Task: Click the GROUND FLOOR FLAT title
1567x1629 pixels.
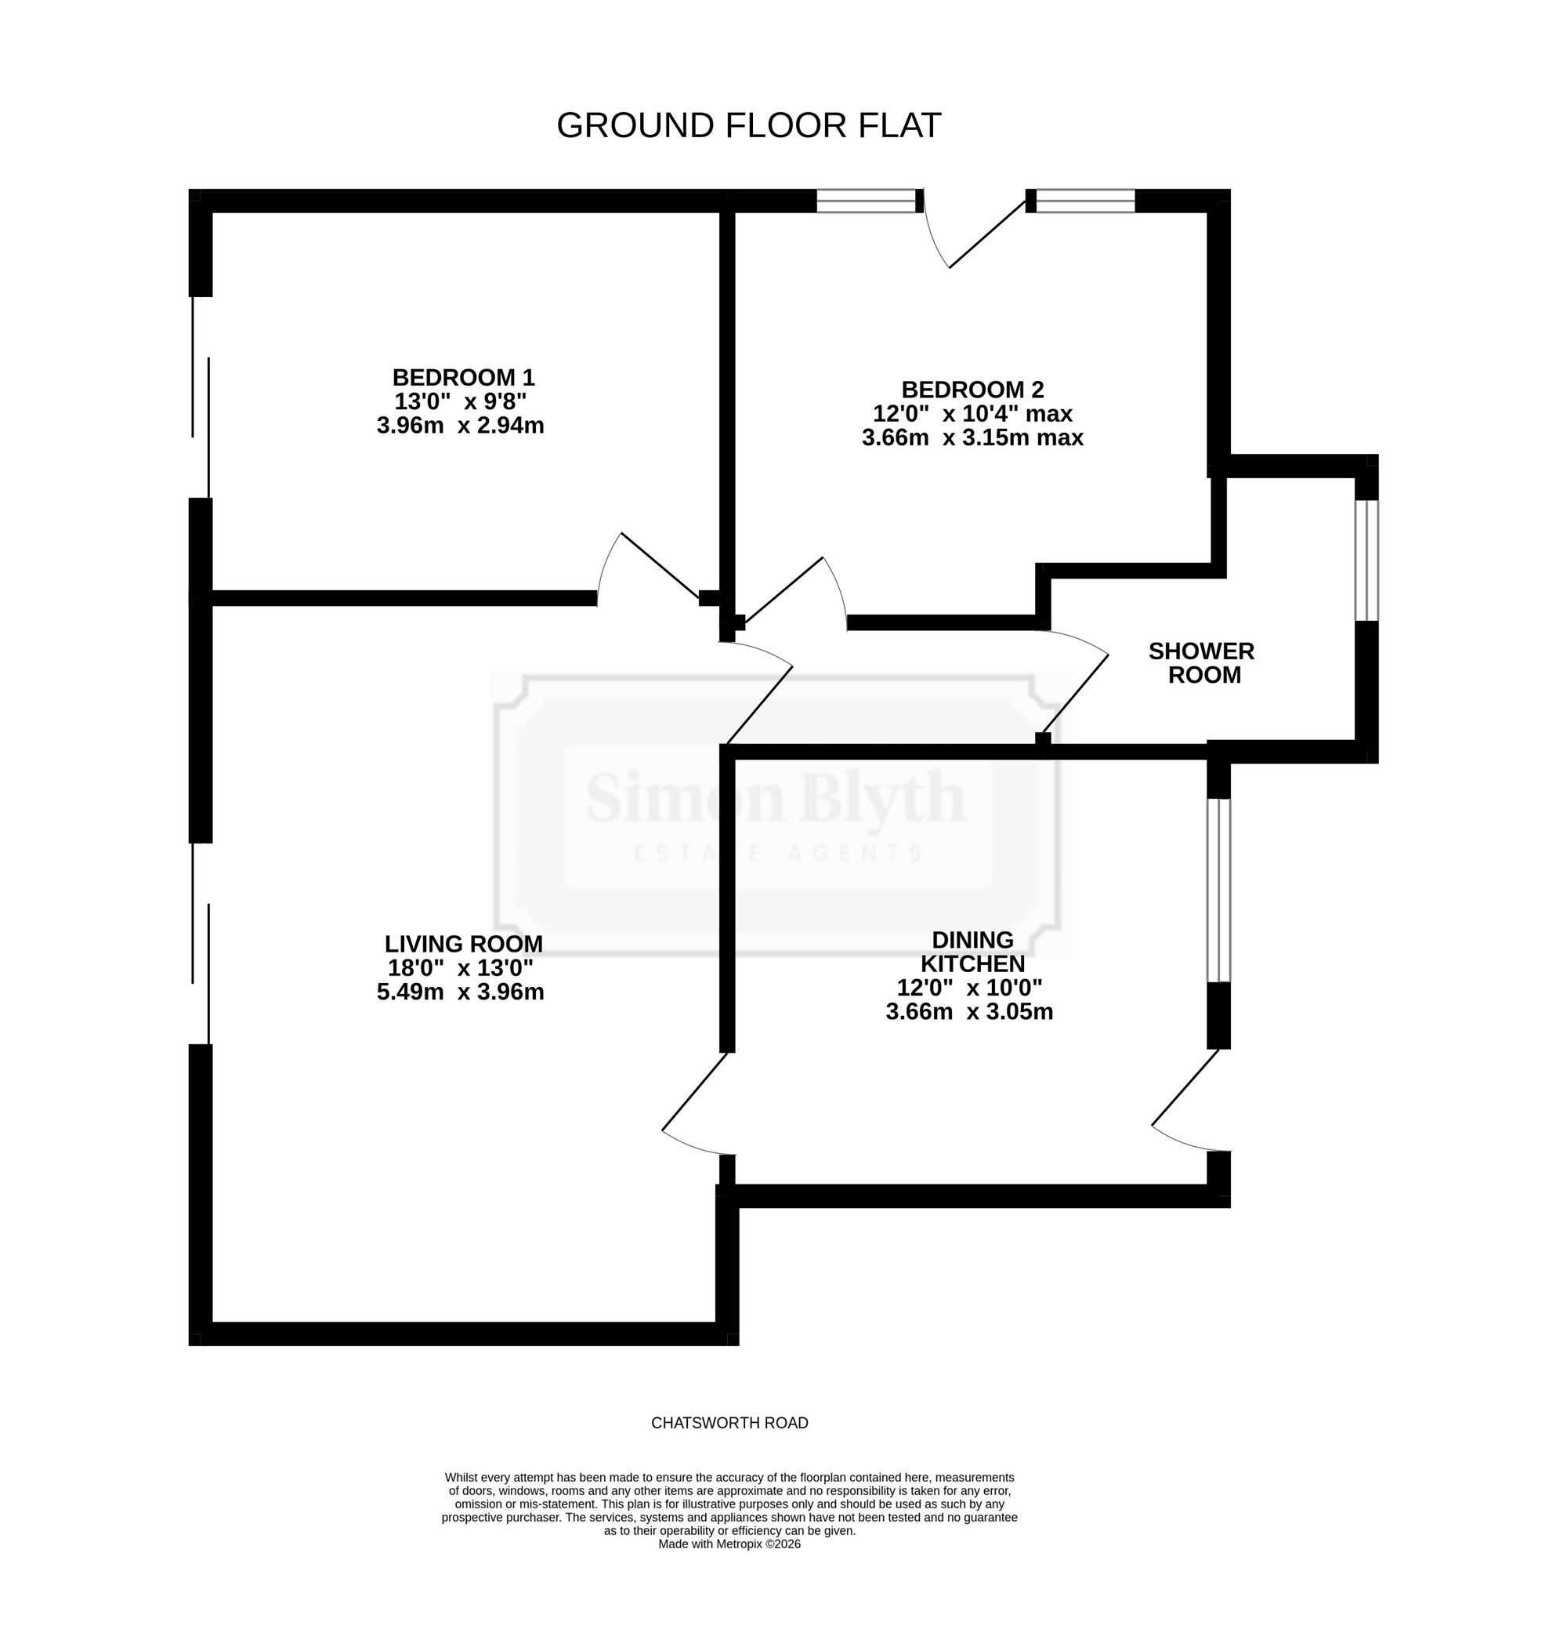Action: [747, 125]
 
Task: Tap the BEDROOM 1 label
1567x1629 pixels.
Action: [463, 377]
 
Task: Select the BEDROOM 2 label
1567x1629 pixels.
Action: [972, 389]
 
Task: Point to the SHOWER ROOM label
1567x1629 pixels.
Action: [1201, 662]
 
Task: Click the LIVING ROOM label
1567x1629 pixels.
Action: [463, 943]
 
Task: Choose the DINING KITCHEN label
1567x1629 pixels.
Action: [972, 952]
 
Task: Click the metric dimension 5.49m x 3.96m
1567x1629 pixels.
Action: [460, 992]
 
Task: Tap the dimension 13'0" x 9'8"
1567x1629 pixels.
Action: [460, 401]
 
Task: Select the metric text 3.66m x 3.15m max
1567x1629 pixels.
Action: [972, 437]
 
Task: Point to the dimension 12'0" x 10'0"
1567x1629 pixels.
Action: [970, 988]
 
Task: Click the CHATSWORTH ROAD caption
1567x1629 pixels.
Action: [729, 1423]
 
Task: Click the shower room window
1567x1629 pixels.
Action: [1366, 561]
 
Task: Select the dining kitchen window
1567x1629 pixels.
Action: [1218, 890]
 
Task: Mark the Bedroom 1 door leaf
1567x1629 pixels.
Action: [660, 566]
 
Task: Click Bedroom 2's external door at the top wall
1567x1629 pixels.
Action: [987, 234]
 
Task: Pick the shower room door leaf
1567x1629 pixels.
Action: [1075, 693]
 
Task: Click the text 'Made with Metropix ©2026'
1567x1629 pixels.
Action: [729, 1544]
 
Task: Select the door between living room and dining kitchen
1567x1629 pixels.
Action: [695, 1091]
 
